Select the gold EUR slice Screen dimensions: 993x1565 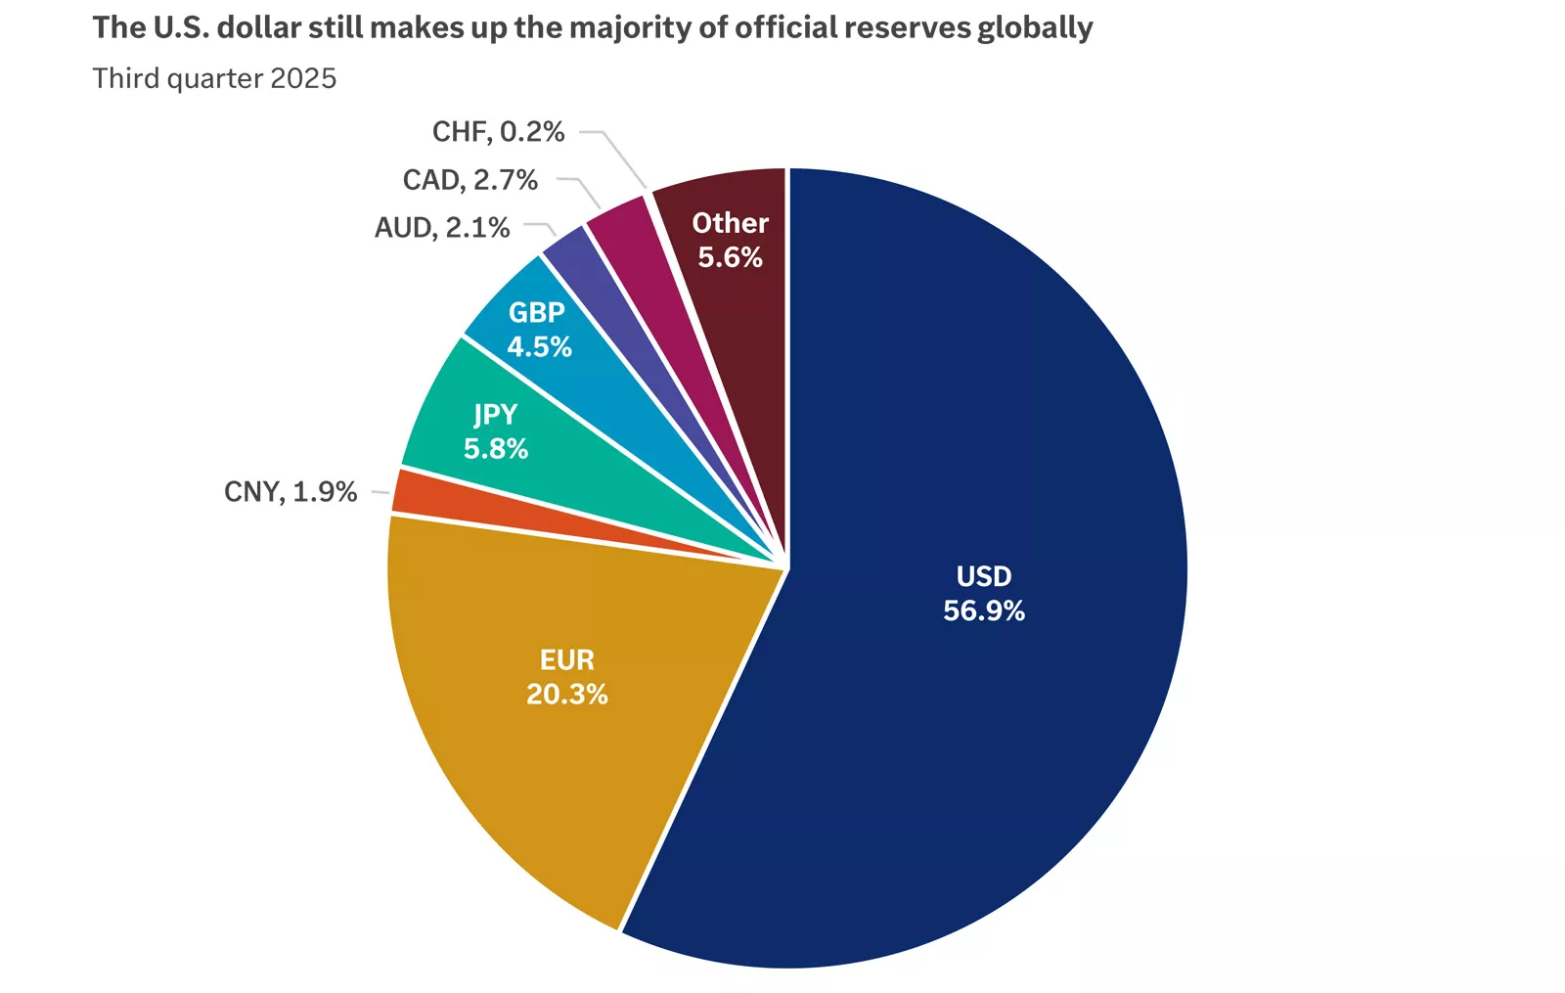pos(548,744)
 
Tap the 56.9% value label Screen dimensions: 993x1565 pos(983,611)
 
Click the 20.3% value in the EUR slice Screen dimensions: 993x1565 pos(567,695)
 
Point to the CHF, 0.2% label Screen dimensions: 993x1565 pos(498,132)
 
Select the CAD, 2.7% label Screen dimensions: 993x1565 pos(469,180)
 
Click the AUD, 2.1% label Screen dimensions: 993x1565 pos(442,228)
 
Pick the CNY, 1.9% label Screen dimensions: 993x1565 pos(291,491)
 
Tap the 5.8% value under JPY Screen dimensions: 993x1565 pos(496,449)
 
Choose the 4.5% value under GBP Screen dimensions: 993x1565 pos(539,346)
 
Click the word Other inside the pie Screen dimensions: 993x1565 pos(730,223)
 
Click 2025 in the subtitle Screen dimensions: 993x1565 pos(303,78)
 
